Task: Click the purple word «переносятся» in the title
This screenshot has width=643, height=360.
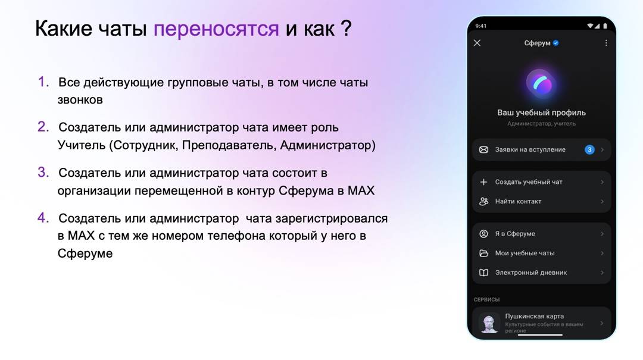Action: coord(216,29)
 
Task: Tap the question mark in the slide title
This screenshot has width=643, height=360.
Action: coord(346,28)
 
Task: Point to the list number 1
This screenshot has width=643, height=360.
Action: coord(43,82)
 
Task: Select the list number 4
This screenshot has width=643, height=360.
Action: coord(43,217)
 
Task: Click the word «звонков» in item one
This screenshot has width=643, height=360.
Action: coord(80,99)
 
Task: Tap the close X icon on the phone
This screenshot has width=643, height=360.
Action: coord(477,43)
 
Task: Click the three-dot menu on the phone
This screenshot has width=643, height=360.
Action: coord(606,43)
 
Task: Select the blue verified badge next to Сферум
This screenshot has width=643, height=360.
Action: coord(555,43)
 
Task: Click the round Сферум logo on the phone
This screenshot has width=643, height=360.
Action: coord(541,84)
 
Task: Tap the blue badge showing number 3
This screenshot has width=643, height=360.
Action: coord(589,150)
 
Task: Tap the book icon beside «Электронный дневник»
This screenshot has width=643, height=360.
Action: coord(484,273)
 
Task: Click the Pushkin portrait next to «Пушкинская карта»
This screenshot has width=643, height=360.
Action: coord(489,323)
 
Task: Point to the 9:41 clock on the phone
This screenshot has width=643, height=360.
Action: coord(480,26)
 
